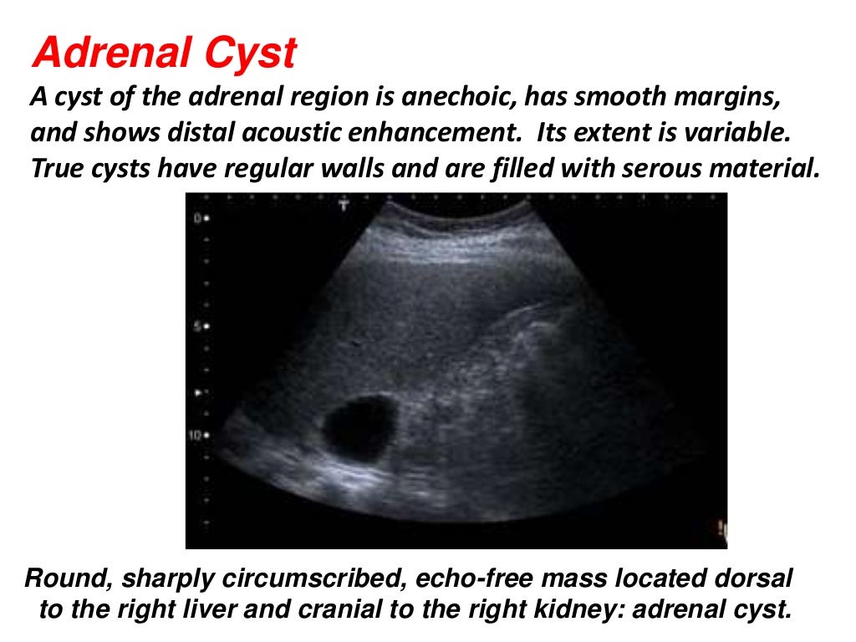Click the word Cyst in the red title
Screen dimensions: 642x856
click(x=250, y=54)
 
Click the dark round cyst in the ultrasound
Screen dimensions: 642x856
click(x=359, y=428)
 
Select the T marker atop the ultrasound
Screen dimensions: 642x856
click(x=343, y=205)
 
